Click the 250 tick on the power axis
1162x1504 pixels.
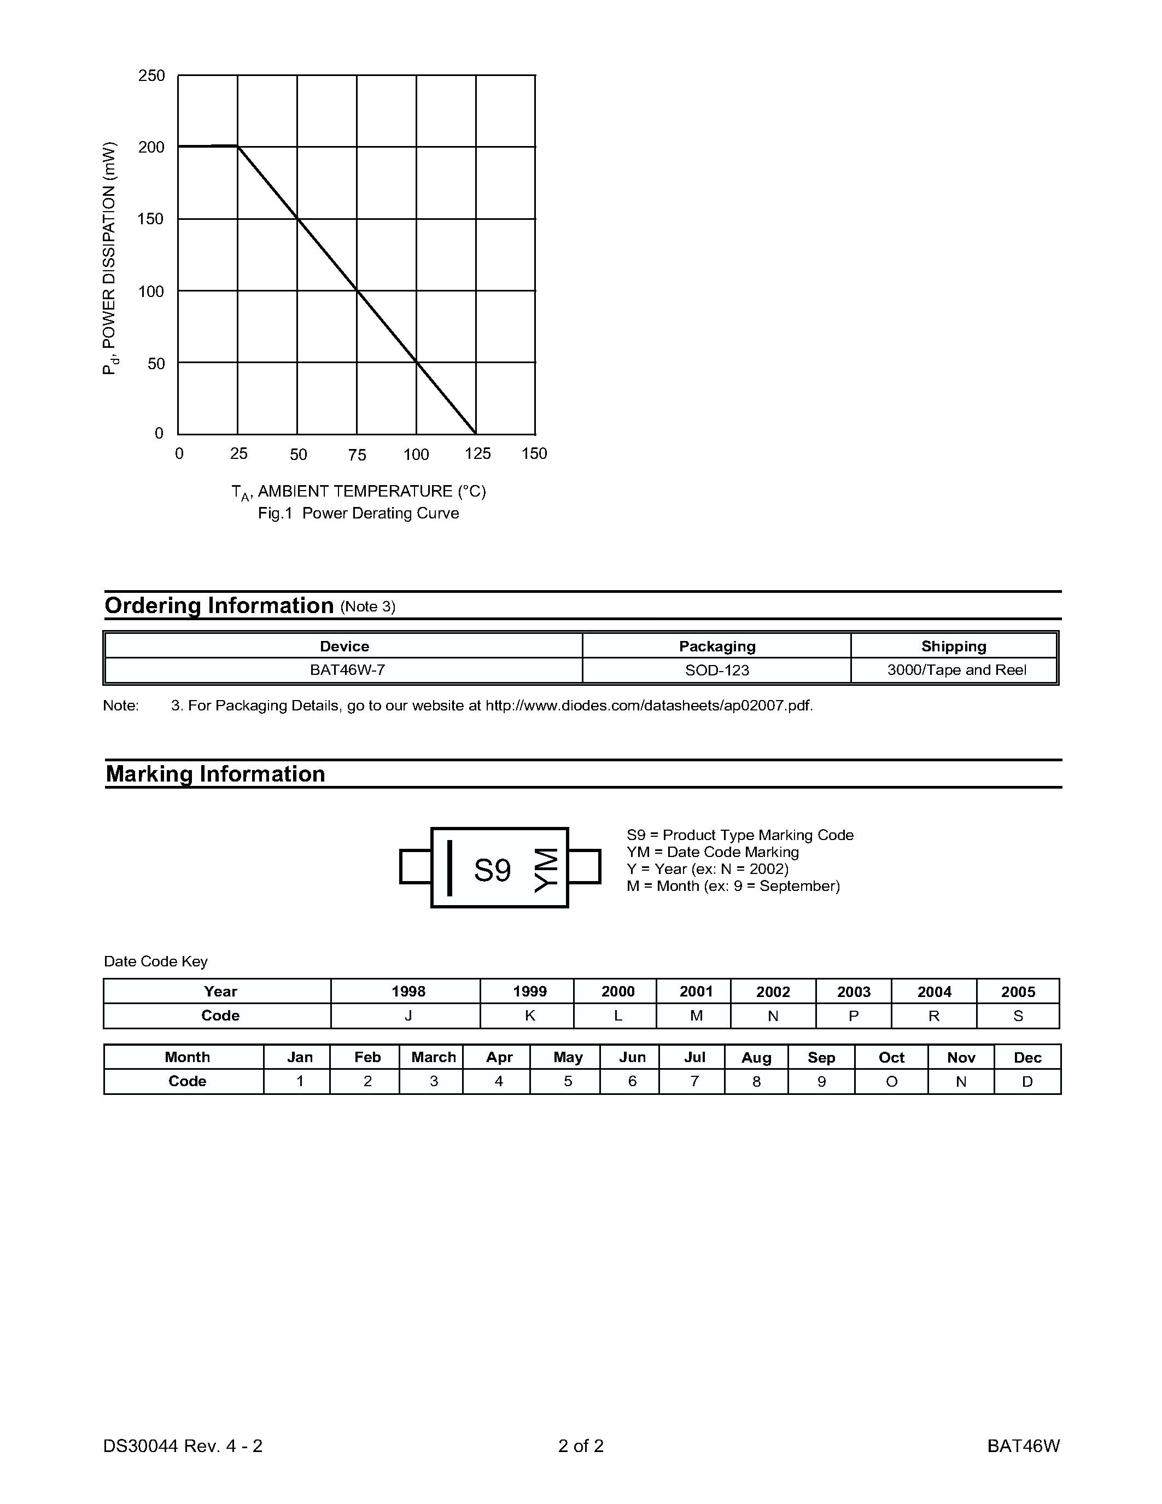[151, 76]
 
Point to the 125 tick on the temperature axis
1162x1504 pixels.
[477, 454]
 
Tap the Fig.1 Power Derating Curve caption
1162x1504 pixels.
[358, 514]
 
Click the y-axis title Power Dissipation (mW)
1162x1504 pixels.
[109, 258]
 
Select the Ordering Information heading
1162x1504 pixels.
[219, 605]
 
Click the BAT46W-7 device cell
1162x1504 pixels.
[344, 670]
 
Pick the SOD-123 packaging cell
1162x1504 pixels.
[717, 670]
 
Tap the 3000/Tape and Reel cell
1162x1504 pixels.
[956, 670]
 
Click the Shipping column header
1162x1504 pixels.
[954, 646]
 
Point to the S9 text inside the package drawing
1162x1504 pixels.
[492, 871]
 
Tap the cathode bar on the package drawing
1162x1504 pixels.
[449, 868]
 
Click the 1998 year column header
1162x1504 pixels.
[408, 992]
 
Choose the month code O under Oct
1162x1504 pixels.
[891, 1082]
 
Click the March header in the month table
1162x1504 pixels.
[434, 1058]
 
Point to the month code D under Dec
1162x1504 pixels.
[1027, 1082]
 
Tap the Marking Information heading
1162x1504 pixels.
[215, 774]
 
